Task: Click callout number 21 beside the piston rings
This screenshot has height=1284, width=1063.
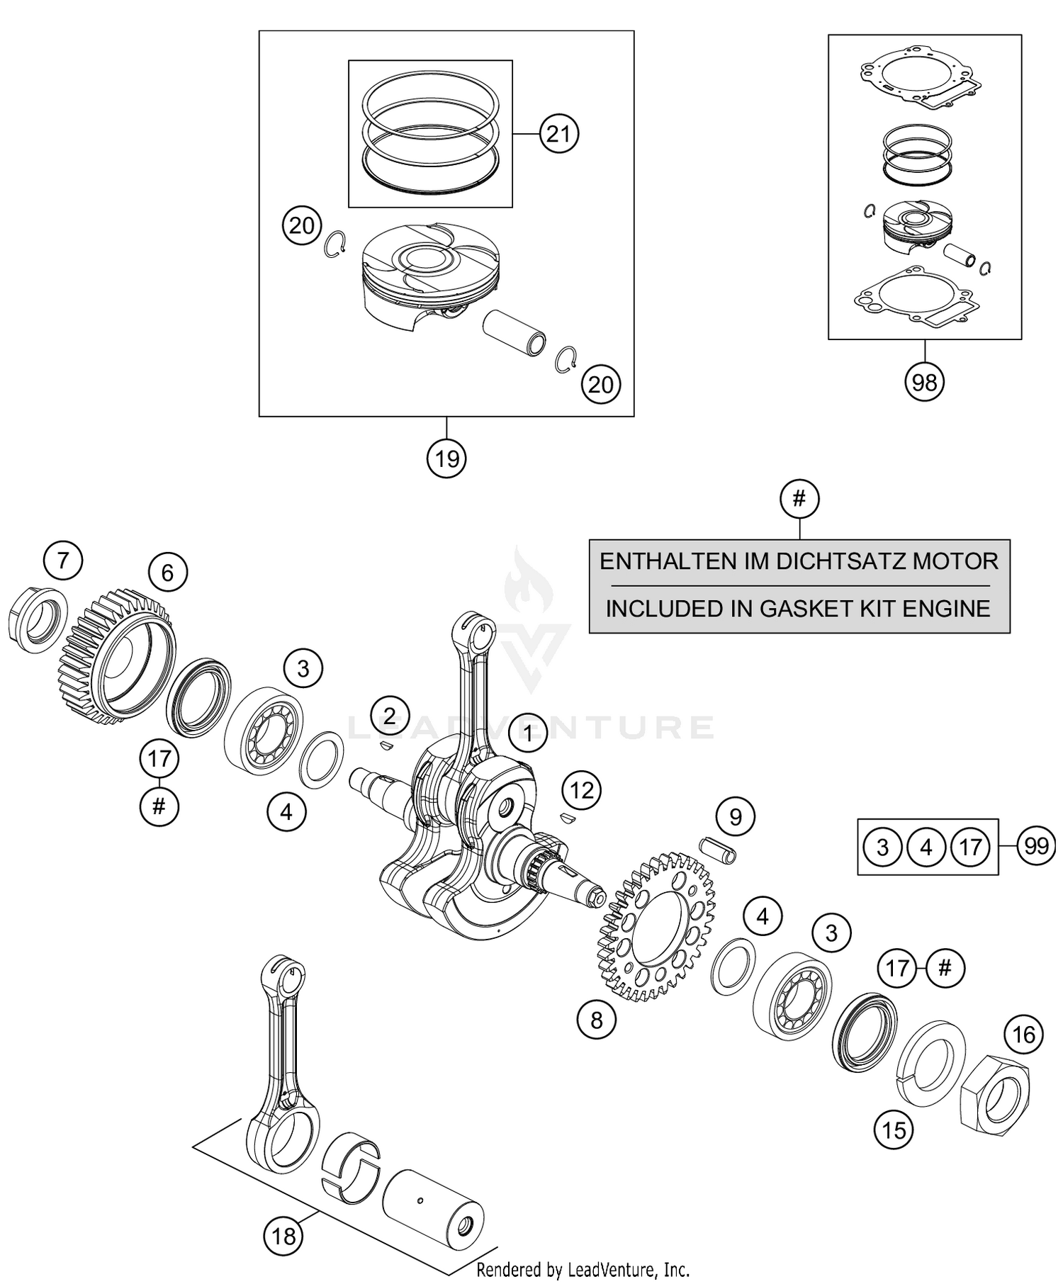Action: click(x=559, y=133)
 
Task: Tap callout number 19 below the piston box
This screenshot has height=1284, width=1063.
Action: click(x=446, y=459)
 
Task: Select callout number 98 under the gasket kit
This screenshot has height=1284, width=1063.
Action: click(x=924, y=383)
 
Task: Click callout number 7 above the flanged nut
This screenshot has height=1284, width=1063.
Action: click(x=63, y=561)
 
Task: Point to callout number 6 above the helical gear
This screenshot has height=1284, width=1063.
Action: click(x=167, y=573)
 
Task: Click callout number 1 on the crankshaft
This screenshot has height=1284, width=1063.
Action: click(x=527, y=733)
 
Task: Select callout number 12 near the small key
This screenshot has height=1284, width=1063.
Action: click(x=582, y=790)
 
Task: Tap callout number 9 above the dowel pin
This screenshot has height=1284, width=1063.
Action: click(x=735, y=817)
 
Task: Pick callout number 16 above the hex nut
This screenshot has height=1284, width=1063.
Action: click(x=1023, y=1035)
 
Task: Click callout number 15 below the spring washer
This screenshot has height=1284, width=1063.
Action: click(x=894, y=1130)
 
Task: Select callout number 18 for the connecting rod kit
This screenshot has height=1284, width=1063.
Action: click(x=283, y=1237)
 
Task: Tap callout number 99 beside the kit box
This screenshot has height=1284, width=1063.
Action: click(x=1036, y=846)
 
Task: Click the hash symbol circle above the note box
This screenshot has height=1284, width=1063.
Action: click(x=799, y=499)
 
